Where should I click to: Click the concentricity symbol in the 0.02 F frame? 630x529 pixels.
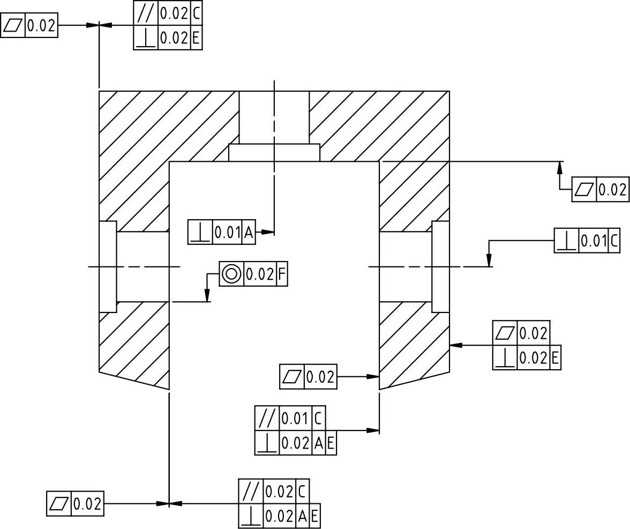231,274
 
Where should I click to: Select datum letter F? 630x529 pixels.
282,274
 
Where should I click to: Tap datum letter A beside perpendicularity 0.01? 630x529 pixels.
249,232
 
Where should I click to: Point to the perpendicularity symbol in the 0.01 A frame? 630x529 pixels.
200,232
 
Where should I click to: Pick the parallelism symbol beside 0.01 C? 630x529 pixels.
267,418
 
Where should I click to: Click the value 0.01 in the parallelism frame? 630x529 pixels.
295,418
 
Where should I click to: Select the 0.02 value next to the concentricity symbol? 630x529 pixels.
260,274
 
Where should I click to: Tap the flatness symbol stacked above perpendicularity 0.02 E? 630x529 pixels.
505,333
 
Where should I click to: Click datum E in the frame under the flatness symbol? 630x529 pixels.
554,357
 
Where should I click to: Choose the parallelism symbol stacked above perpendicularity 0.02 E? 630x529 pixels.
145,13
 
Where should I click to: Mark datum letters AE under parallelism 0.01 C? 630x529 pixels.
325,443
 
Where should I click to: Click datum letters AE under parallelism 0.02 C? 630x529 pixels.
309,516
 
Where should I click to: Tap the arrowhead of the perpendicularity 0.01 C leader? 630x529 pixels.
489,261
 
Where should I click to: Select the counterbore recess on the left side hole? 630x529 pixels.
108,266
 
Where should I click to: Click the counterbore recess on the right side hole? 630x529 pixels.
440,266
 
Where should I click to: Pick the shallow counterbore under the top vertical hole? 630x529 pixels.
274,152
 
